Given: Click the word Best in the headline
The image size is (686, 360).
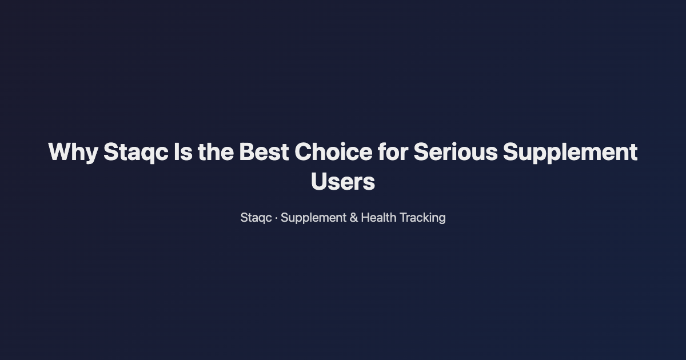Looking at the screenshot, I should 264,153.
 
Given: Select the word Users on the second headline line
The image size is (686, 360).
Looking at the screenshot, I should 343,182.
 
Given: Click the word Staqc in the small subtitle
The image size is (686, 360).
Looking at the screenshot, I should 256,218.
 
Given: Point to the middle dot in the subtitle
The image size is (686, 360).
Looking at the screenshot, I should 277,218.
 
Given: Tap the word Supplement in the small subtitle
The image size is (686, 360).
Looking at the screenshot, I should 313,218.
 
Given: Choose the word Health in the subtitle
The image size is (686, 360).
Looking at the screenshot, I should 378,218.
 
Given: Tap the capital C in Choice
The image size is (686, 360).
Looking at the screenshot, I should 305,153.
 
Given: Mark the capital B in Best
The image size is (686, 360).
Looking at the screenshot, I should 246,153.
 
